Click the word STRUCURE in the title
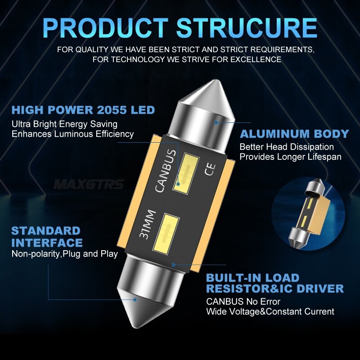point(247,28)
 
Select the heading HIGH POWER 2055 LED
point(83,110)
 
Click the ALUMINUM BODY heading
point(294,134)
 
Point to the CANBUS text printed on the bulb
point(166,171)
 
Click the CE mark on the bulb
point(210,170)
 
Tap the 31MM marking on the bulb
point(148,224)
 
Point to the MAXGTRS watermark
point(89,184)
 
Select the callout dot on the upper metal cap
point(216,122)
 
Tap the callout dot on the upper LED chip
point(178,184)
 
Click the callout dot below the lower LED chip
point(173,265)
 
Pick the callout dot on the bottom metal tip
point(135,300)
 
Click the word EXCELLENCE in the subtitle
point(256,59)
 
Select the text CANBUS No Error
point(243,301)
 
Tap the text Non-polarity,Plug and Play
point(65,254)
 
